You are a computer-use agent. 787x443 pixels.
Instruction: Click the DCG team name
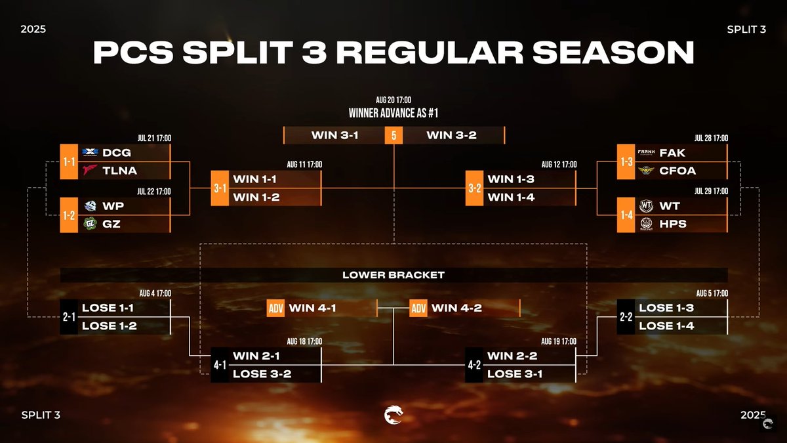tap(117, 152)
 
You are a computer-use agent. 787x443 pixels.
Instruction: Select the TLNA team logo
tap(91, 171)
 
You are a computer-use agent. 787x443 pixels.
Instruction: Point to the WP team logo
tap(91, 206)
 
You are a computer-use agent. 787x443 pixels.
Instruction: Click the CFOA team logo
tap(646, 171)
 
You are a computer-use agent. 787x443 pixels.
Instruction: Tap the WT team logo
tap(646, 206)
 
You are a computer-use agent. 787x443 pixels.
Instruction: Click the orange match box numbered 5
tap(393, 135)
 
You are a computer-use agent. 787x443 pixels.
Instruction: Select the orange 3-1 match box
tap(220, 188)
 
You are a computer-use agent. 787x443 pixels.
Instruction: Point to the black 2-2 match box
tap(626, 317)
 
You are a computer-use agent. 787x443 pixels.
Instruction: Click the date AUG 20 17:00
tap(393, 100)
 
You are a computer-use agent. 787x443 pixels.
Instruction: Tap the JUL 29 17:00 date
tap(711, 191)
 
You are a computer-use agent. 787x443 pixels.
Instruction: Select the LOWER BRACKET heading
tap(393, 275)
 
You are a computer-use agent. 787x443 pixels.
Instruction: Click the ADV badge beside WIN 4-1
tap(276, 308)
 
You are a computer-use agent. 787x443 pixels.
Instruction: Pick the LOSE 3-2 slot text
tap(262, 374)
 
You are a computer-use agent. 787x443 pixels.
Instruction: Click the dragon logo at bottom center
tap(393, 415)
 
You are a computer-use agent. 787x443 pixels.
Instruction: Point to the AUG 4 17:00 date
tap(155, 293)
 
